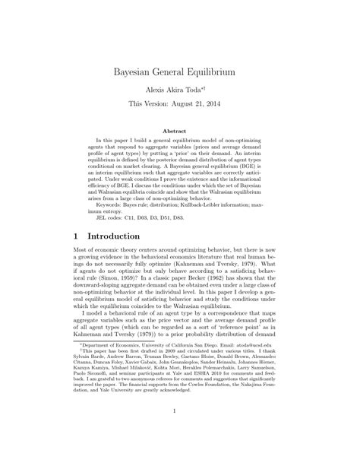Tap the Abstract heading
[x=180, y=131]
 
